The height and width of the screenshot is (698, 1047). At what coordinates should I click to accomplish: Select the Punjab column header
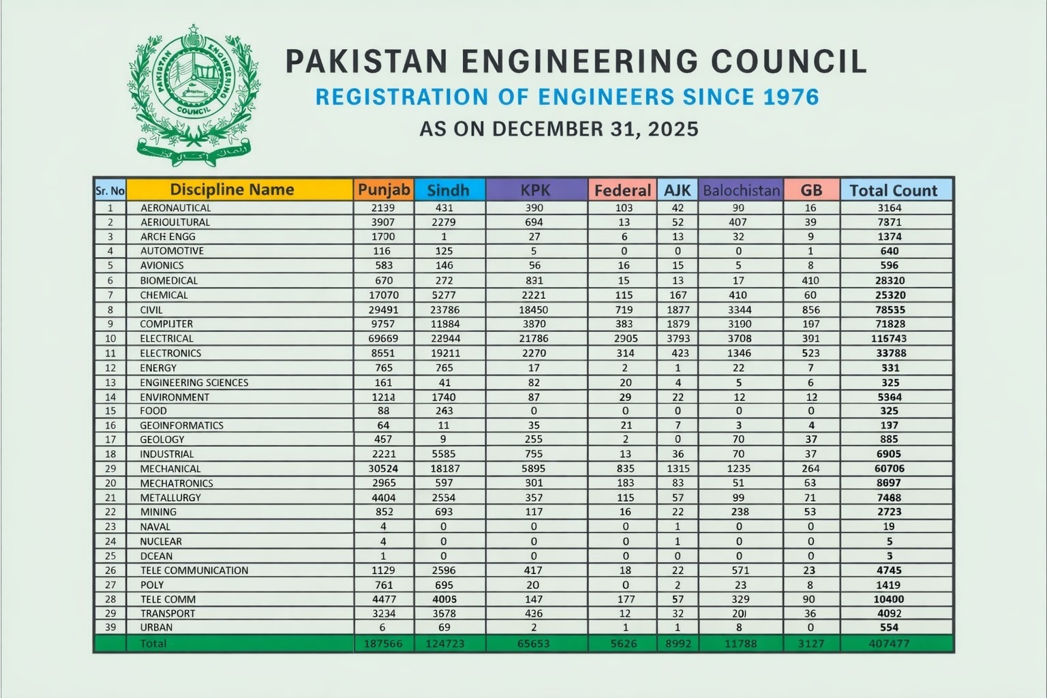point(384,189)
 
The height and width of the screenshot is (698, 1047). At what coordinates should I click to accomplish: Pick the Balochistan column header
point(741,190)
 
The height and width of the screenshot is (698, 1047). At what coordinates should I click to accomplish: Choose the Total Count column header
point(894,190)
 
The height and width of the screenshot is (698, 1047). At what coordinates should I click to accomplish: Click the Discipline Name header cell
point(232,189)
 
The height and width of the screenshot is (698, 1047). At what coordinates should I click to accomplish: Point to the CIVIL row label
point(151,309)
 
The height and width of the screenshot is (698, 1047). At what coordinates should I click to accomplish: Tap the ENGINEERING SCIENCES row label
point(194,382)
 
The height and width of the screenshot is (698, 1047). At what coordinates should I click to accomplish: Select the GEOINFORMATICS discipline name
point(181,425)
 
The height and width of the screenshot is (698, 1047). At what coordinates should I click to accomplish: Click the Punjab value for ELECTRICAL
point(384,338)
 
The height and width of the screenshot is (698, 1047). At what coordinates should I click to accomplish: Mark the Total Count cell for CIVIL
point(890,309)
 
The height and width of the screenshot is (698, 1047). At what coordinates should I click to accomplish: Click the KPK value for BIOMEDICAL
point(534,280)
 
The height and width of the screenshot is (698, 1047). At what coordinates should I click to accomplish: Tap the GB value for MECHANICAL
point(810,468)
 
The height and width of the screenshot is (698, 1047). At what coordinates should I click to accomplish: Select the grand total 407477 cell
point(890,643)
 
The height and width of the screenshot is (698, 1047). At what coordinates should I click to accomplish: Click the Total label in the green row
point(153,643)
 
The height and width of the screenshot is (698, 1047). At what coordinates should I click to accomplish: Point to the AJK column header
point(677,190)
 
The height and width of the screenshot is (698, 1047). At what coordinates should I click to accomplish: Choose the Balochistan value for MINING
point(740,512)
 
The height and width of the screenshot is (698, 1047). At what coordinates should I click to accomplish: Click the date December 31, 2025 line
point(559,129)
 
